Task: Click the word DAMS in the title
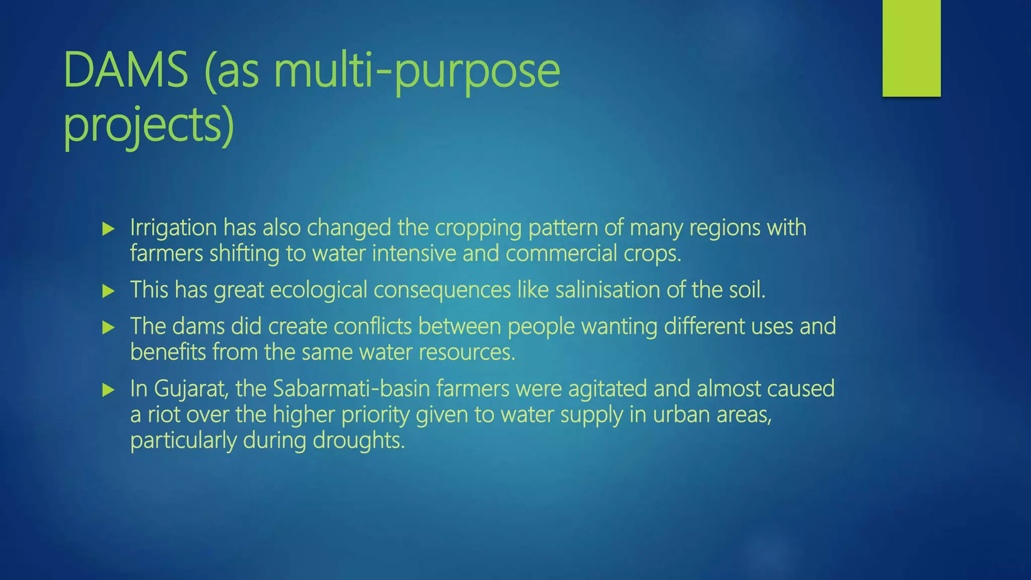(126, 70)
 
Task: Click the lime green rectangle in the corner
(911, 48)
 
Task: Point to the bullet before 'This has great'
(108, 291)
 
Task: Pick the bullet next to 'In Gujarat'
(108, 390)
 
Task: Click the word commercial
(561, 253)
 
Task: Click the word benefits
(168, 352)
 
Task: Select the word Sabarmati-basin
(351, 389)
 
